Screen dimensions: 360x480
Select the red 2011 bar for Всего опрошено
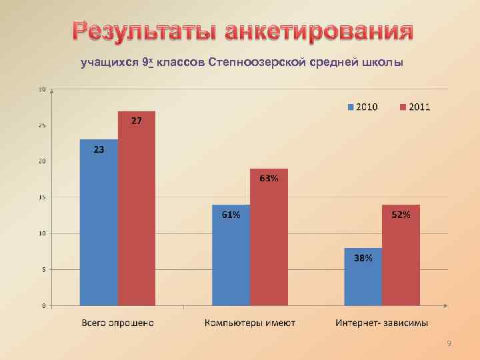[137, 210]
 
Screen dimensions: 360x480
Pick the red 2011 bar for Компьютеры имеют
[269, 240]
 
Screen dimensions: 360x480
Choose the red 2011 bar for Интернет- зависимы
[401, 260]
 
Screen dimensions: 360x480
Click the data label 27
[135, 121]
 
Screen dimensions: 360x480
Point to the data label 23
[98, 150]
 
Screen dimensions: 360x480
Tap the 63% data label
[269, 179]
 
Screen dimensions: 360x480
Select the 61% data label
[231, 215]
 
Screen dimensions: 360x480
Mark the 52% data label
[401, 215]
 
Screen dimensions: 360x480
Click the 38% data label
[363, 258]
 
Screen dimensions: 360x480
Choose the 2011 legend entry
[415, 107]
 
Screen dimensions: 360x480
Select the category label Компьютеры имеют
[250, 323]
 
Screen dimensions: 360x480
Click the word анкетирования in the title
[319, 31]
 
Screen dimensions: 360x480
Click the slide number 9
[449, 343]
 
